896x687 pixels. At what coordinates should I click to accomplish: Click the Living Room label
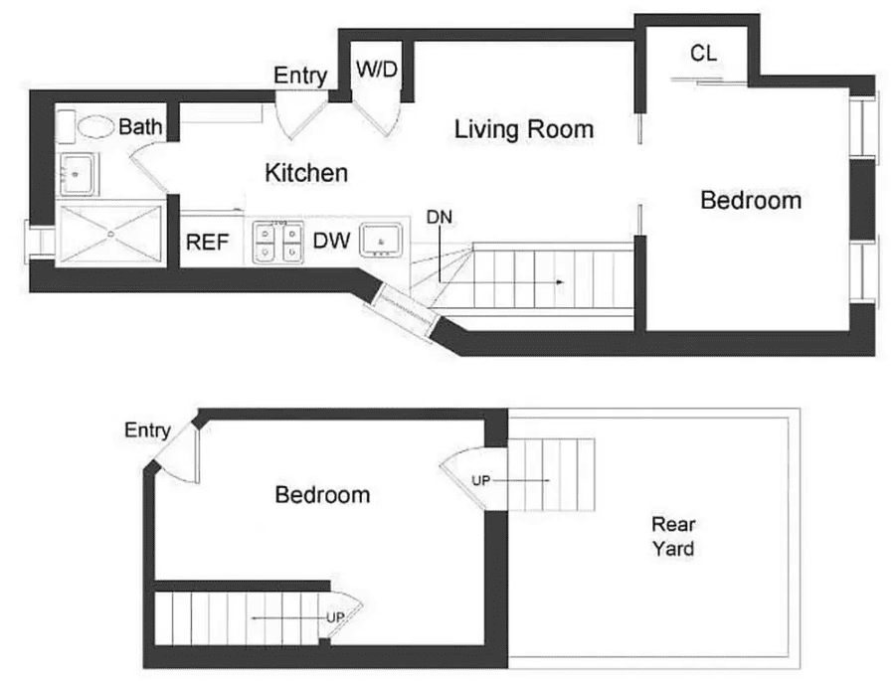point(523,129)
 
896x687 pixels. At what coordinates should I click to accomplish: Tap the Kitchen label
point(306,173)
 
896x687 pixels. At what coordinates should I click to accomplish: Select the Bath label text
point(139,127)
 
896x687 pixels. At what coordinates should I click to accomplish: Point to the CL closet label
point(703,54)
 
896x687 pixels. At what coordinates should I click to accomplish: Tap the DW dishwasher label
point(330,241)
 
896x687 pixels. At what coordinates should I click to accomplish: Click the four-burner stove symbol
point(277,242)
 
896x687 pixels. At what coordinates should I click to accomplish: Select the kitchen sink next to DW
point(382,240)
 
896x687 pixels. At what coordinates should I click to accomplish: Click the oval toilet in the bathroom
point(96,126)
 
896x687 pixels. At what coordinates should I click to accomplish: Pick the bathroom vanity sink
point(78,175)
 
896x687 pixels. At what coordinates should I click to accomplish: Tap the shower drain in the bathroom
point(109,235)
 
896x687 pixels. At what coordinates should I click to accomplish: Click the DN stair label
point(438,216)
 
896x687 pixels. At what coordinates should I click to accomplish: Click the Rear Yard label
point(672,536)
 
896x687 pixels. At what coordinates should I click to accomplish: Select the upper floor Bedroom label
point(750,201)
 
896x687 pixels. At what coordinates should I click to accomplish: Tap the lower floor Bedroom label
point(322,494)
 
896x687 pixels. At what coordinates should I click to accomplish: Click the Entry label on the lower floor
point(147,430)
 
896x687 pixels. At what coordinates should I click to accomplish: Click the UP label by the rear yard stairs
point(481,480)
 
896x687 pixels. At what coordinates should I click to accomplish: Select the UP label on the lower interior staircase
point(335,617)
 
